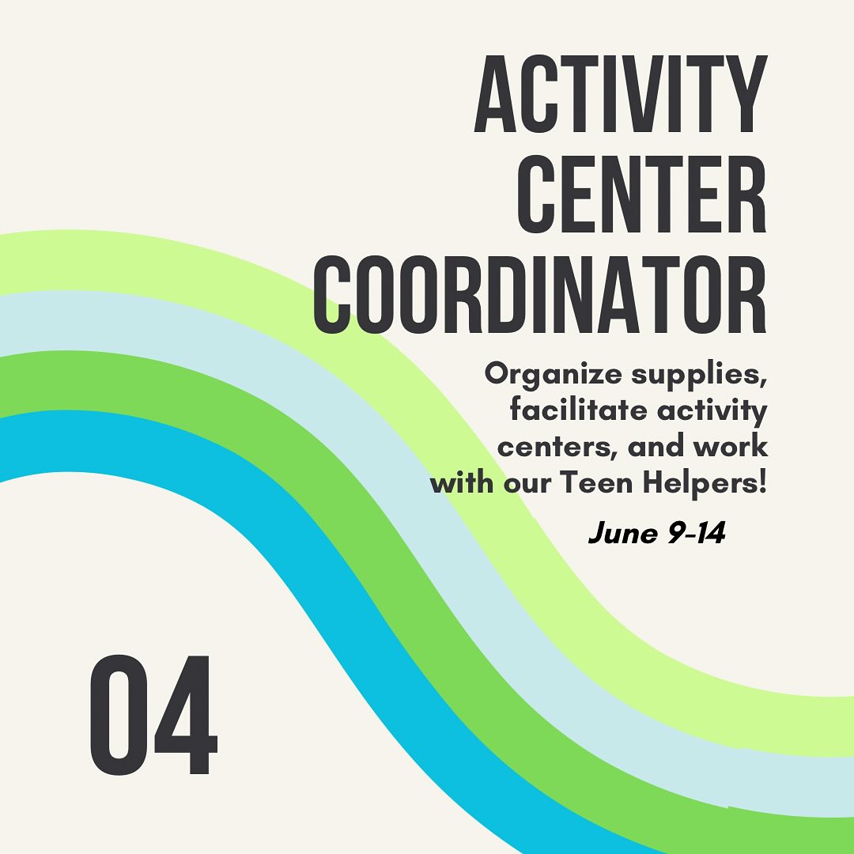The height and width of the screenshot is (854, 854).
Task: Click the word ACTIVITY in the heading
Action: [621, 93]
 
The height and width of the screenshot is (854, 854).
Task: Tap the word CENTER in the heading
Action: [642, 195]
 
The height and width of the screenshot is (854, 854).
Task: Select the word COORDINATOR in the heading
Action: [540, 295]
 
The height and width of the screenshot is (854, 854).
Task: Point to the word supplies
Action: [699, 376]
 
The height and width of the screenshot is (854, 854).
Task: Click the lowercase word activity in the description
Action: [712, 412]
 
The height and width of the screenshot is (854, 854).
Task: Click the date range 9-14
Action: [697, 533]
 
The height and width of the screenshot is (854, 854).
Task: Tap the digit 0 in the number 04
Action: [119, 715]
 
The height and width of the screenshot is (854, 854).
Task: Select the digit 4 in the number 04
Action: [186, 715]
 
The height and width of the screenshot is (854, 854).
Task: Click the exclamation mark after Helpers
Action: [762, 482]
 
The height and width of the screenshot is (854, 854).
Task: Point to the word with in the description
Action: [462, 482]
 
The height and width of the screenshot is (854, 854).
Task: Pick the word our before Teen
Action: [527, 485]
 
